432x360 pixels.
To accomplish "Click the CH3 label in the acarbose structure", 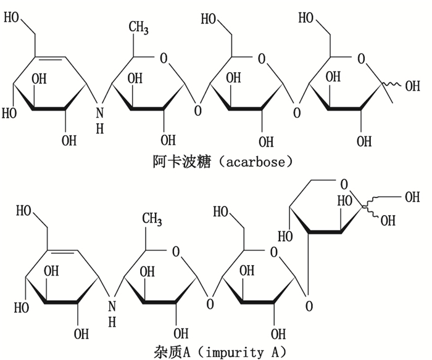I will tap(139, 28).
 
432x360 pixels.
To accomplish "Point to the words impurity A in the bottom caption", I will tap(243, 352).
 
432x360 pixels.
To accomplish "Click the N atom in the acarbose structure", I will tap(100, 111).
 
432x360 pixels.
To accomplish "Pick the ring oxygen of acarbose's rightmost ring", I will tap(362, 60).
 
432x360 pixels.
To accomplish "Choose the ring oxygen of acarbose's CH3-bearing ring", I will tap(163, 60).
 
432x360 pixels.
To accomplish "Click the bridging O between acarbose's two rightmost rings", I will tap(297, 112).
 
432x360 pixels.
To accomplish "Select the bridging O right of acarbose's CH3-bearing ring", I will tap(197, 112).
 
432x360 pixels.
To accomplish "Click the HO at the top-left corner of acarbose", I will tap(13, 18).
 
